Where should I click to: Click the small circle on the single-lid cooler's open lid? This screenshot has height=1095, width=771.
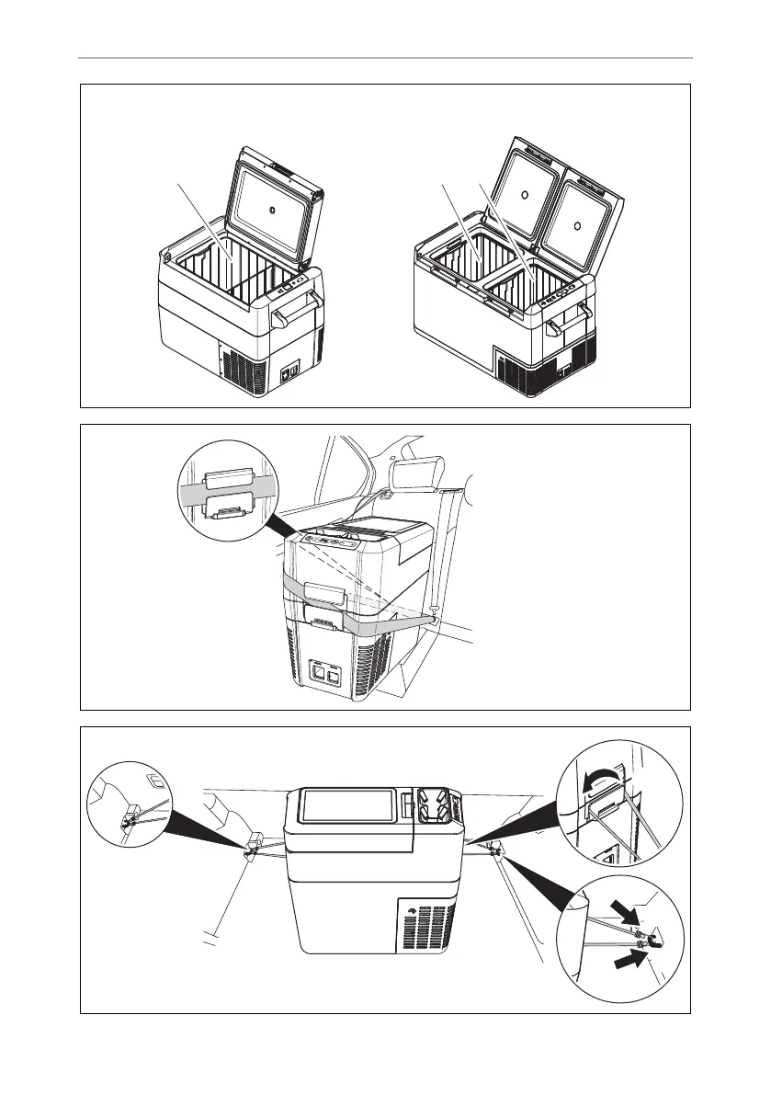point(272,208)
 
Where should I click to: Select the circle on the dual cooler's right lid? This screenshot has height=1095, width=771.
point(576,222)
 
